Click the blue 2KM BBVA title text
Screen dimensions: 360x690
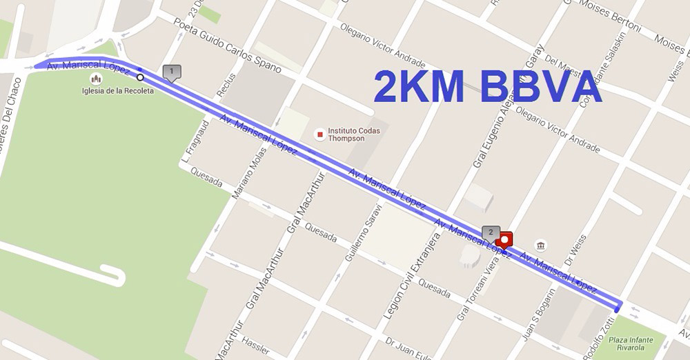click(487, 88)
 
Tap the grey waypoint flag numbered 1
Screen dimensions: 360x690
click(171, 72)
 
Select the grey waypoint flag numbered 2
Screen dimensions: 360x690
click(491, 232)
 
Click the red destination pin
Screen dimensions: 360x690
click(506, 240)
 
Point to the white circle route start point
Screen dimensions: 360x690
click(141, 77)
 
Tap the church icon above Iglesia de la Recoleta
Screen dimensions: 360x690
click(96, 78)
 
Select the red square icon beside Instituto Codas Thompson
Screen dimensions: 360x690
click(319, 133)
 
